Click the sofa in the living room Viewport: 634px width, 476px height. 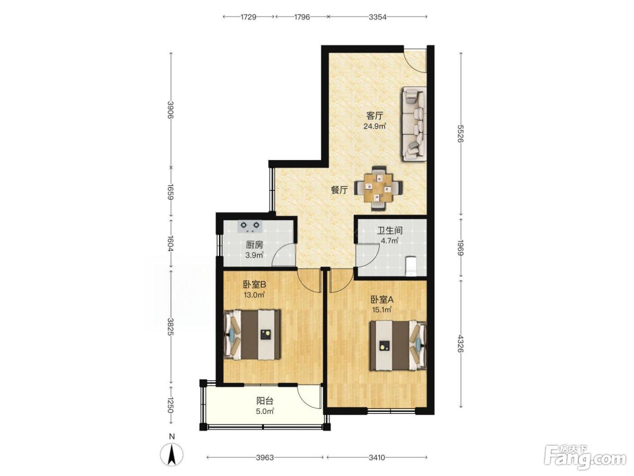pos(413,124)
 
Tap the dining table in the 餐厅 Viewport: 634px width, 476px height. pos(378,188)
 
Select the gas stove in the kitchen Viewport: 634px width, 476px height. pos(250,226)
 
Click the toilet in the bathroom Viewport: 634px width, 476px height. pos(410,266)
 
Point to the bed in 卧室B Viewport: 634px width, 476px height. pos(252,335)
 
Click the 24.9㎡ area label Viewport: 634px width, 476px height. pos(375,126)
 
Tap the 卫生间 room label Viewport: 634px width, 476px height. pos(390,230)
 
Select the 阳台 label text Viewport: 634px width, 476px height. pos(265,401)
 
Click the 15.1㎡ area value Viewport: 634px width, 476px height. pos(382,310)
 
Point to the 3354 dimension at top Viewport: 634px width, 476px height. pos(377,17)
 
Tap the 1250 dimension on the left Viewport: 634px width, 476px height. pos(171,405)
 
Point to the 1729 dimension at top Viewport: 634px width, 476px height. pos(248,17)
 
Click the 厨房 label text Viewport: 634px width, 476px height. pos(255,245)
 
